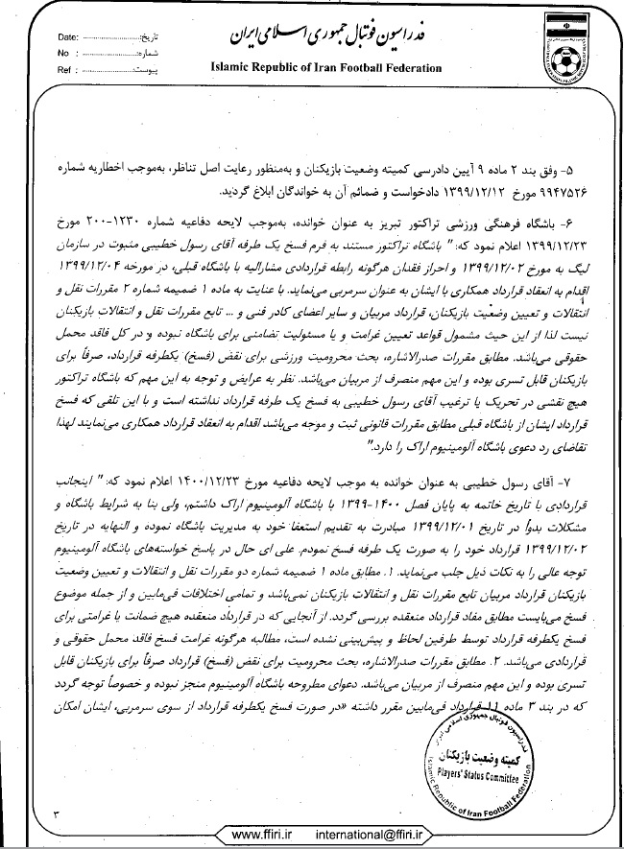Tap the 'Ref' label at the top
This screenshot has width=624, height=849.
tap(66, 70)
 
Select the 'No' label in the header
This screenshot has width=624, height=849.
tap(64, 54)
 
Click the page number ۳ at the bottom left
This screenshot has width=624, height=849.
tap(55, 814)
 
